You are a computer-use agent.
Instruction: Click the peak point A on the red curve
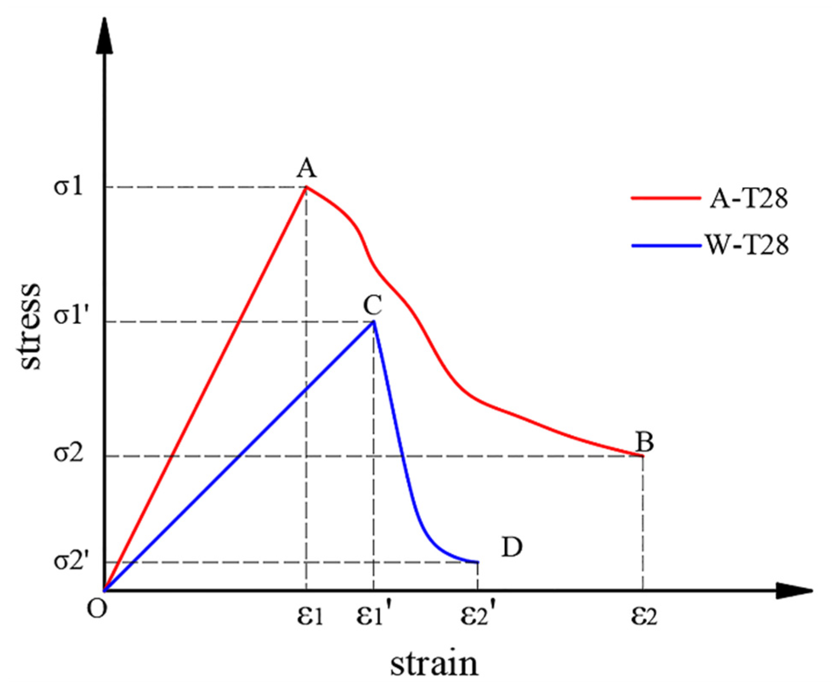(306, 187)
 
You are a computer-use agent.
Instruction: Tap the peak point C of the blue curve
(373, 322)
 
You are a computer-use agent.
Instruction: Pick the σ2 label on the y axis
(68, 454)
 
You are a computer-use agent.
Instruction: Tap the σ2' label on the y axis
(71, 562)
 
